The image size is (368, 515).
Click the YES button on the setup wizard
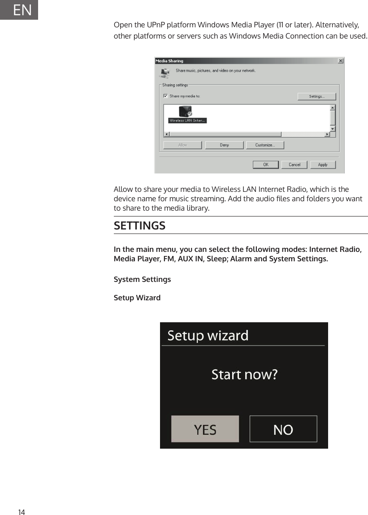pos(205,429)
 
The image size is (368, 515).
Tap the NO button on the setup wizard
pos(283,429)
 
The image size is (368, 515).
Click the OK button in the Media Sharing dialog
pos(265,164)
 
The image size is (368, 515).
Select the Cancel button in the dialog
pos(294,164)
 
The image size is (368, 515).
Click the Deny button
pos(224,145)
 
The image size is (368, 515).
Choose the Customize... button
pos(264,145)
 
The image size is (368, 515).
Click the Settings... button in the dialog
pos(316,96)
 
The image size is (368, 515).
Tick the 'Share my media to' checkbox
pos(165,96)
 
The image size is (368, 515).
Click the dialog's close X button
pos(340,61)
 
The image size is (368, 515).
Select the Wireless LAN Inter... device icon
pos(185,112)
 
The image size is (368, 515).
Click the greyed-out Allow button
pos(182,145)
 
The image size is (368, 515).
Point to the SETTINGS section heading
pos(139,225)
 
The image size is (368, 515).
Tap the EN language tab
pos(22,10)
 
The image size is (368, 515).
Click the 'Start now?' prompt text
pos(244,374)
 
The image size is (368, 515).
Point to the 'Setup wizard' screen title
pos(208,335)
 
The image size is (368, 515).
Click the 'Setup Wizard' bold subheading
pos(137,298)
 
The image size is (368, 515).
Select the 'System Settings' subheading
pos(142,279)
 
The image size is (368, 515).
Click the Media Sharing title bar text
pos(169,61)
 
